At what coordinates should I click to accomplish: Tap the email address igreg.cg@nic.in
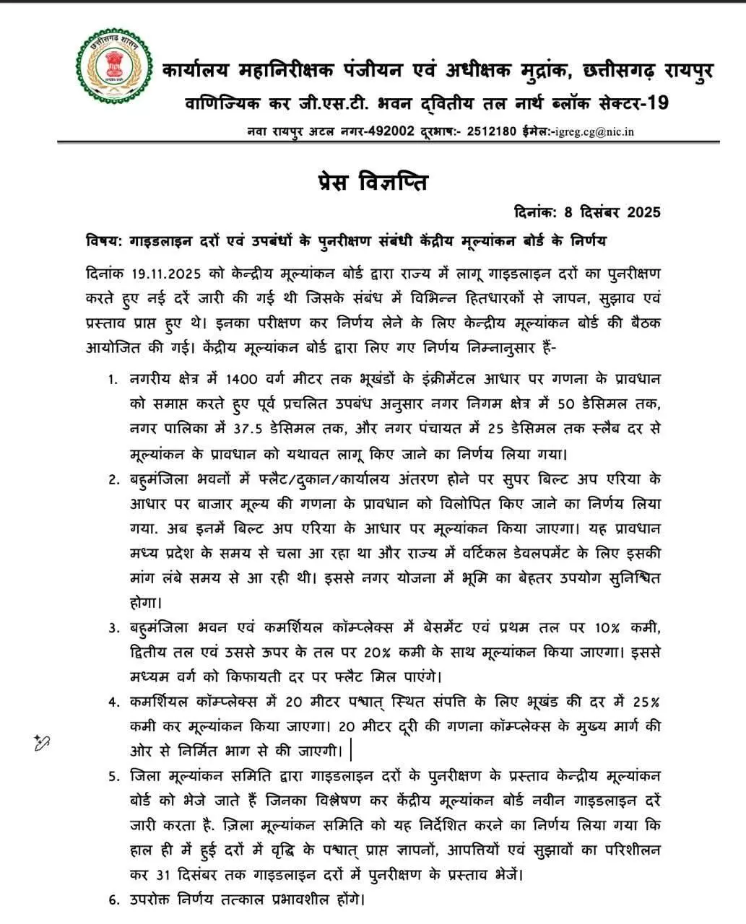click(x=593, y=131)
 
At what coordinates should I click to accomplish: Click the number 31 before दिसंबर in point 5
click(x=163, y=875)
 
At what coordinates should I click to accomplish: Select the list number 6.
click(x=113, y=900)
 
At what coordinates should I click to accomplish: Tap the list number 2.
click(x=113, y=479)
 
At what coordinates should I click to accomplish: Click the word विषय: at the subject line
click(x=103, y=240)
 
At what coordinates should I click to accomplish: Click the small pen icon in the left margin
click(x=41, y=741)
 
